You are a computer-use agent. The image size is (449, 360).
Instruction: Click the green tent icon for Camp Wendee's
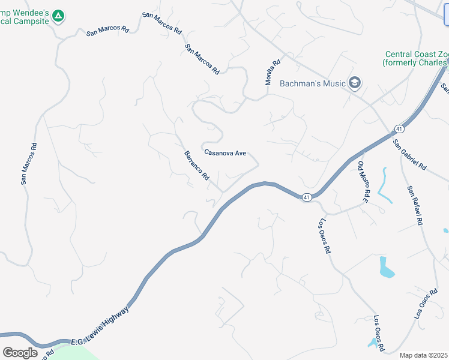coord(58,16)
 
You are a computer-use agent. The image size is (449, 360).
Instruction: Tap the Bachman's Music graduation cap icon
coord(354,83)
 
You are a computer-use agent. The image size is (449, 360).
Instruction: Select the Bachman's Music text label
coord(312,83)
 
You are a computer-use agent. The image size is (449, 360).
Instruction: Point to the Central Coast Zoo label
coord(416,58)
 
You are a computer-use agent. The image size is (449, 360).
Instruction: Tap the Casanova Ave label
coord(225,153)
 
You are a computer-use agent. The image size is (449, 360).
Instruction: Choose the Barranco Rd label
coord(196,166)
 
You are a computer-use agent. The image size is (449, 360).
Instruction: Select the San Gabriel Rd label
coord(409,155)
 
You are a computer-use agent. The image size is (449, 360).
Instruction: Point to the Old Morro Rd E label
coord(363,181)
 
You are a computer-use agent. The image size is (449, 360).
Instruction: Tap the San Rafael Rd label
coord(415,205)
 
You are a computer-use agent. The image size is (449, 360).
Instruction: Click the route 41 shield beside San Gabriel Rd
coord(399,129)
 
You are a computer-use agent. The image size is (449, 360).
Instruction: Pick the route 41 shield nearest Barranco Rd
coord(306,197)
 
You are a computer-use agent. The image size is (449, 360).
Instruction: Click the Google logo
coord(20,352)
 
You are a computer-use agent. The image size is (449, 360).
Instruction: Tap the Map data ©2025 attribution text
coord(424,355)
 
